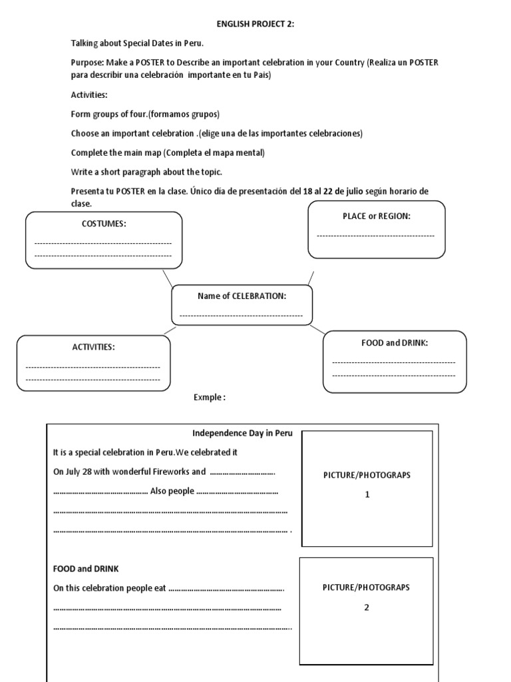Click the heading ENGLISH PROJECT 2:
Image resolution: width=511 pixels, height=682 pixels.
point(255,25)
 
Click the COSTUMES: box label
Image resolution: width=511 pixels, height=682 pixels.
point(103,224)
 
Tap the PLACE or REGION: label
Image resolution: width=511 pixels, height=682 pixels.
point(376,216)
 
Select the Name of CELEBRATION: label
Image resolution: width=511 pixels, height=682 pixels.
point(242,296)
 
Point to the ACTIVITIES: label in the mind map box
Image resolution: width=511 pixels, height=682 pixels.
point(93,347)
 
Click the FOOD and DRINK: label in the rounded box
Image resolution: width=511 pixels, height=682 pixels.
point(394,342)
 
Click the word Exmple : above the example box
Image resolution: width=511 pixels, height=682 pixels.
point(210,398)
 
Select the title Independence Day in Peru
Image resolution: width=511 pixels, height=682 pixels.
point(242,433)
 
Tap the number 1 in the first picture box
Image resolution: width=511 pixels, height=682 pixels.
point(366,494)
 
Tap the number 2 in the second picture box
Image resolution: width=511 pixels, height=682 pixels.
point(366,607)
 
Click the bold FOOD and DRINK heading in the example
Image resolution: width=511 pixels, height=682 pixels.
point(86,569)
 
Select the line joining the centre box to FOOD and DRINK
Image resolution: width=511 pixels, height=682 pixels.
point(318,329)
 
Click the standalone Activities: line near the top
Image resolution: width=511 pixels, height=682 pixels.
point(89,95)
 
